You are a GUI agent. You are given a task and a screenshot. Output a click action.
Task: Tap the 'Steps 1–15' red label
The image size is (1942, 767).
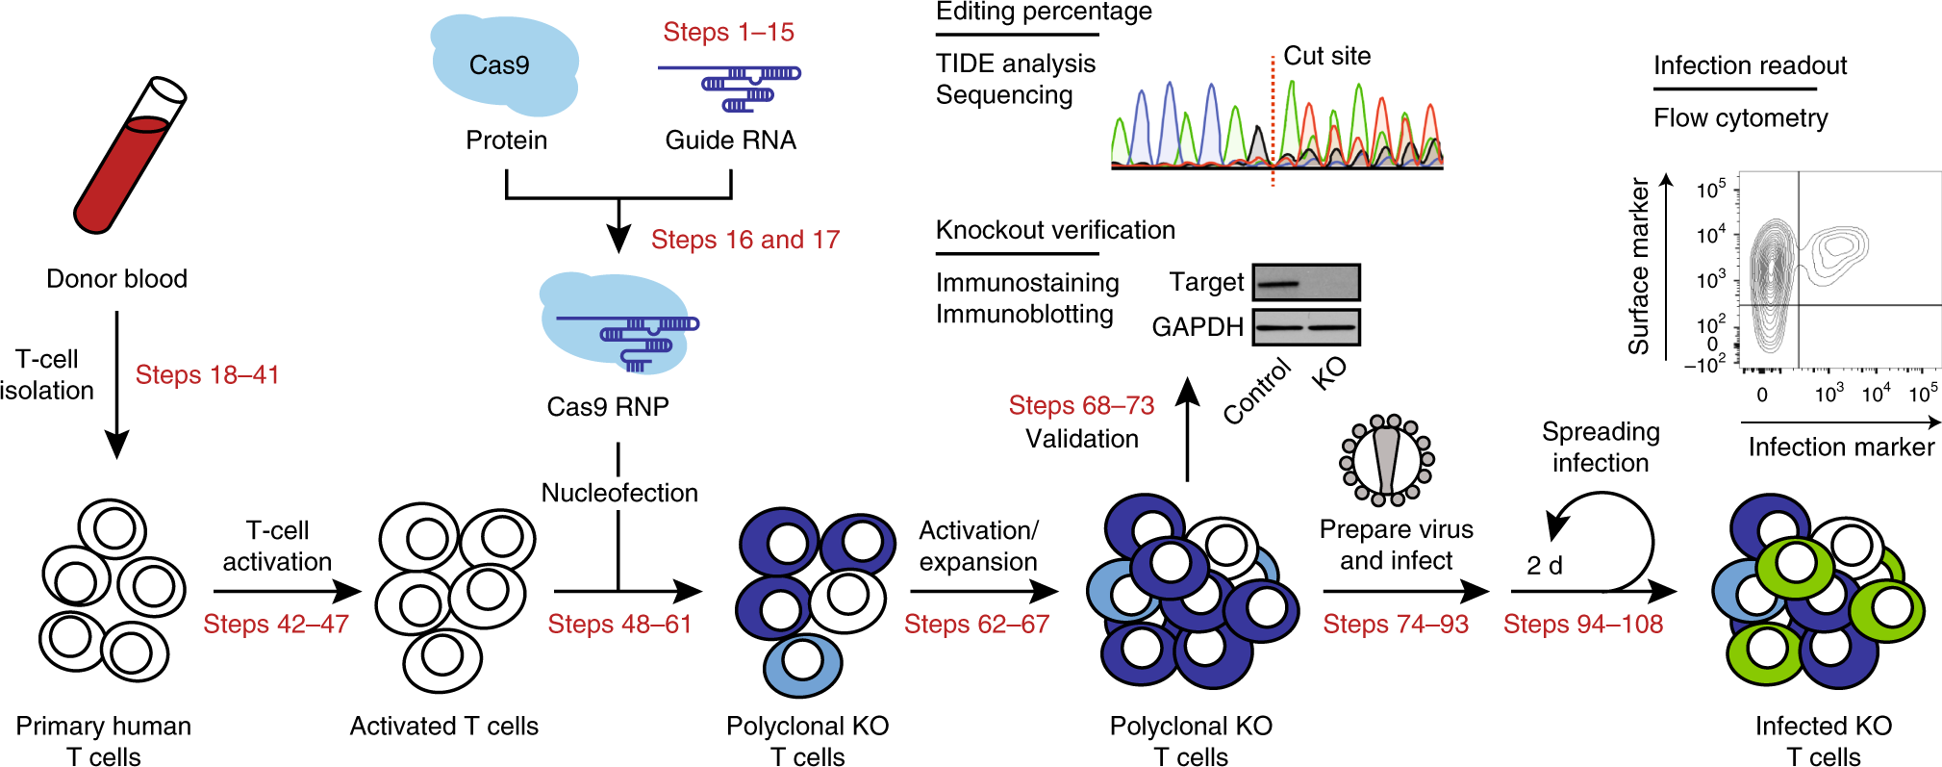point(728,32)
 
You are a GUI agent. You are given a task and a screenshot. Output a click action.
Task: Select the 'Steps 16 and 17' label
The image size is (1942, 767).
point(744,240)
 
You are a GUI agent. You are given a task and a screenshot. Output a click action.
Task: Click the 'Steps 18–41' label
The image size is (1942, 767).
point(207,374)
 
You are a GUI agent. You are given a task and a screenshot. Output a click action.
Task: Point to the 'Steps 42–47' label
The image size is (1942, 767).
point(275,625)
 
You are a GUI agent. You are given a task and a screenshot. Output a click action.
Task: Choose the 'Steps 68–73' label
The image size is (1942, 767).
point(1081,405)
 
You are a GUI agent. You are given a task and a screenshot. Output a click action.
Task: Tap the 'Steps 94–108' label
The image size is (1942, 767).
point(1582,625)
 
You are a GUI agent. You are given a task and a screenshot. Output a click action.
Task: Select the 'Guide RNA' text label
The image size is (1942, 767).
point(730,141)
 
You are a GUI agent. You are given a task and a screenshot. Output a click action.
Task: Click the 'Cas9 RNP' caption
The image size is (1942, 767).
point(607,407)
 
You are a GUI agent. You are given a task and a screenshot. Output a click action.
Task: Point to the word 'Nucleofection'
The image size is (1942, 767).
point(619,493)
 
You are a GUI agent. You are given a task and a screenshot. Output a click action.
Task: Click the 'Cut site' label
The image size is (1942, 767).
point(1326,56)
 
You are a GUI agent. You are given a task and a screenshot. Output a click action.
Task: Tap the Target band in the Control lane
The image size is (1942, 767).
point(1277,284)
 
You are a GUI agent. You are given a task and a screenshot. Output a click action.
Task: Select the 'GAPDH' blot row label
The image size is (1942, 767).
point(1197,327)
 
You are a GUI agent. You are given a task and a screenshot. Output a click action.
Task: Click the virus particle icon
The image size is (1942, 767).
point(1386,460)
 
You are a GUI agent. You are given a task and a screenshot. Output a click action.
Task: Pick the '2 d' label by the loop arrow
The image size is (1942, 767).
point(1544,565)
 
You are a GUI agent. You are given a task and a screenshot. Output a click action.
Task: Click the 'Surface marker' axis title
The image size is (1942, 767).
point(1637,266)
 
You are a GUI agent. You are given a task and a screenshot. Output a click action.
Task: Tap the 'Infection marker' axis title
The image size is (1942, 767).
point(1840,447)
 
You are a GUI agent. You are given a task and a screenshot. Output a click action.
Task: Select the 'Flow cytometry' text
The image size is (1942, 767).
point(1740,118)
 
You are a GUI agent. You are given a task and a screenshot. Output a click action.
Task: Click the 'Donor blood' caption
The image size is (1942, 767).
point(116,279)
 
